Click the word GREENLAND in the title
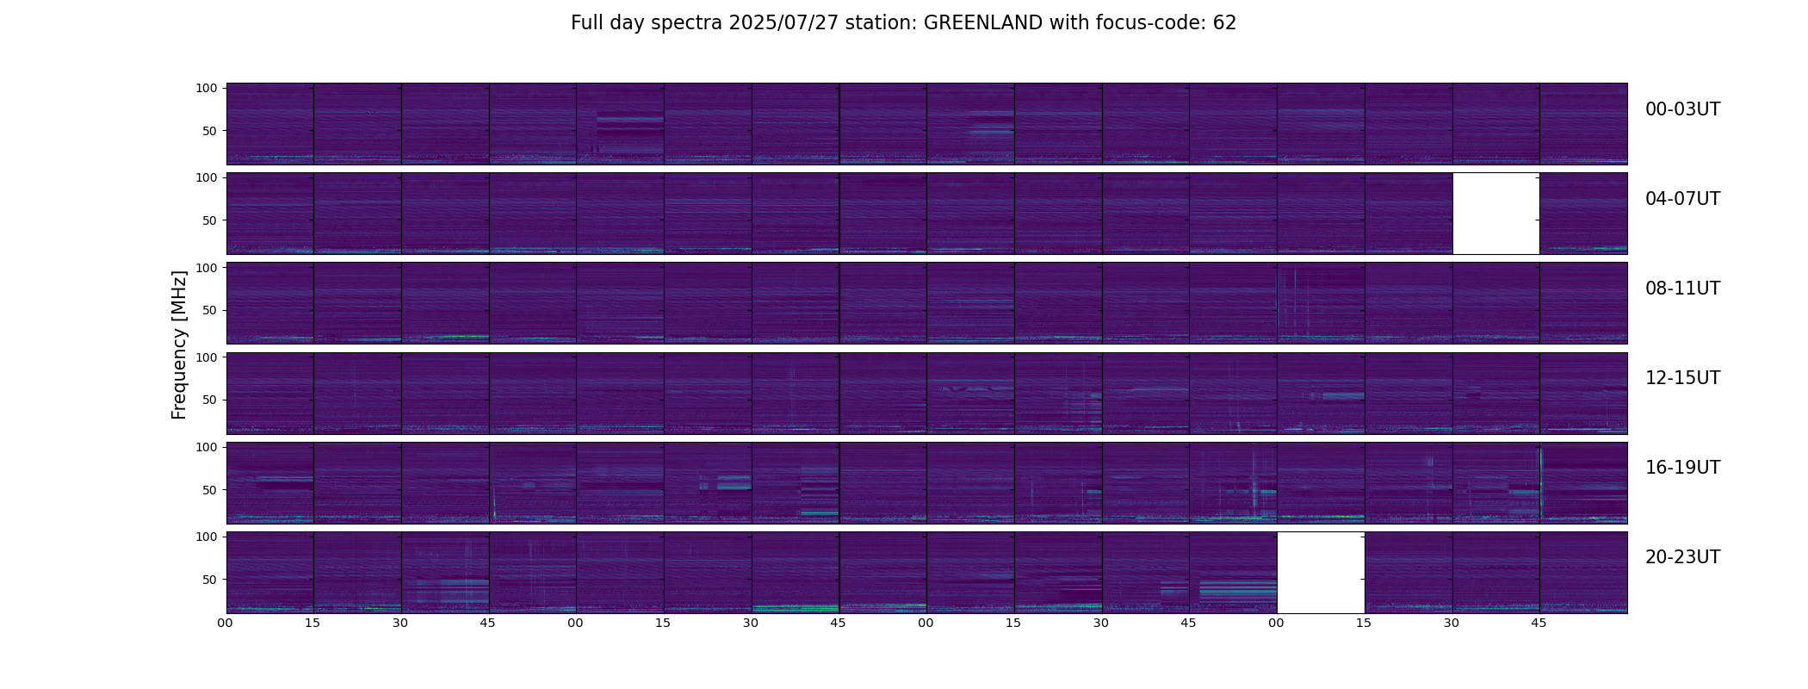[x=983, y=23]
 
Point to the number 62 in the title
[x=1224, y=23]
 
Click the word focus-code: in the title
[x=1152, y=23]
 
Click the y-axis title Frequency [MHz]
[x=179, y=344]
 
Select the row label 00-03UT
[x=1682, y=109]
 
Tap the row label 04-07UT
[x=1682, y=199]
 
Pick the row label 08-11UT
[x=1682, y=289]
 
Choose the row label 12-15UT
[x=1682, y=378]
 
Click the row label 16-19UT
[x=1682, y=468]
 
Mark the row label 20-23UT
[x=1682, y=557]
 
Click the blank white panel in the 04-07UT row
[x=1495, y=214]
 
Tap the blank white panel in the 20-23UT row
[x=1321, y=572]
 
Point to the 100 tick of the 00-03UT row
[x=207, y=88]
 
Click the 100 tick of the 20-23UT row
[x=207, y=537]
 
